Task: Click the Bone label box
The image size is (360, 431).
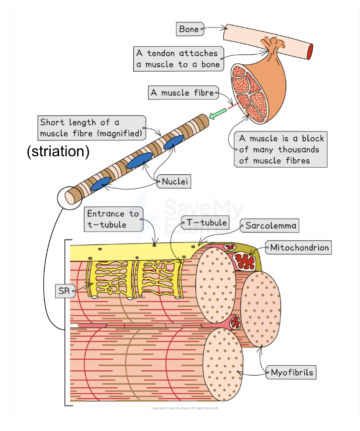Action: tap(189, 29)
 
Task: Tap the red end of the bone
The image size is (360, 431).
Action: tap(310, 50)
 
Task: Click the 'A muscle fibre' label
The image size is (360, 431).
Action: tap(183, 93)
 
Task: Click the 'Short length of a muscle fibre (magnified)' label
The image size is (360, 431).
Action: tap(91, 127)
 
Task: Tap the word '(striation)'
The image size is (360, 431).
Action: tap(58, 152)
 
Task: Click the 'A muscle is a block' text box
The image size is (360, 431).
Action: tap(279, 149)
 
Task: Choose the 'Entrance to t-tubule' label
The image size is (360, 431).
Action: tap(112, 219)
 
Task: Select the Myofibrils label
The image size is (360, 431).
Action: tap(292, 372)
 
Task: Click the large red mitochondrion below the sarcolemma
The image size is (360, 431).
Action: tap(244, 261)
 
